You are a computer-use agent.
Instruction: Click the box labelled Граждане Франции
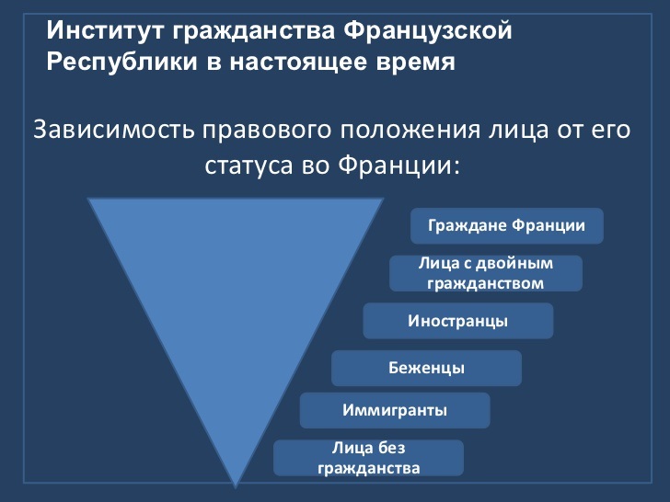[507, 226]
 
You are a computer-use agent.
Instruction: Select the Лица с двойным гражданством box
[486, 273]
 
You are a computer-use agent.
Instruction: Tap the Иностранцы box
[458, 321]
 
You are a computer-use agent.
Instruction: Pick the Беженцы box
[426, 368]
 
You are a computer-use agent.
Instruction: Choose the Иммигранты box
[395, 410]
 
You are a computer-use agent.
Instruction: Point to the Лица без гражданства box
[368, 458]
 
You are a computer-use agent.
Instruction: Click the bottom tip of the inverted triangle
[236, 487]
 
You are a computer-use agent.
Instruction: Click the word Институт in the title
[105, 30]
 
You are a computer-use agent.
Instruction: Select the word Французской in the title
[428, 31]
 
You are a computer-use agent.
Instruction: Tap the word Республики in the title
[122, 63]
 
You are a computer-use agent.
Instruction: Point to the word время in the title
[415, 63]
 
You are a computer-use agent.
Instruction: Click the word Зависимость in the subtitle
[114, 130]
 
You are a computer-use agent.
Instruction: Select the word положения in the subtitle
[410, 131]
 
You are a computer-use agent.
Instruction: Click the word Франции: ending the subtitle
[399, 165]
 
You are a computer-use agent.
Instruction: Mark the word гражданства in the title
[254, 31]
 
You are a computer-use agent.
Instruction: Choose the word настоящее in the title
[298, 63]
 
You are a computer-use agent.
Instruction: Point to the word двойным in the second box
[514, 264]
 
